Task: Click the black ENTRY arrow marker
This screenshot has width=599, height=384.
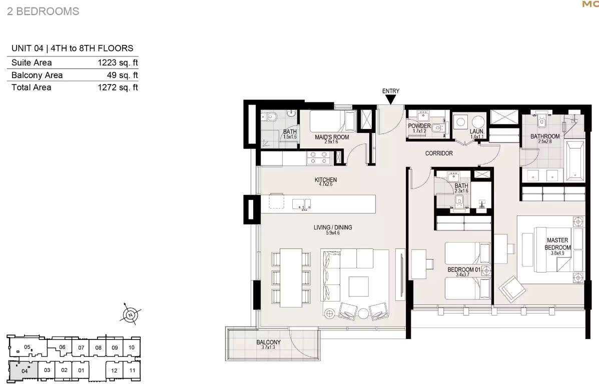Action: point(390,99)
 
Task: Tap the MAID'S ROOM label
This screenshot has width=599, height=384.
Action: point(332,137)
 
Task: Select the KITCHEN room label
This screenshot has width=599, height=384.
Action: point(325,180)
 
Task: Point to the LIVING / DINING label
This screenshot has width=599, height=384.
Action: point(333,227)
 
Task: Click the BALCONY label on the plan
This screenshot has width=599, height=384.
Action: point(268,342)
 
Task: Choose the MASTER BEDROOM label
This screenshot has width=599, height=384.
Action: point(557,243)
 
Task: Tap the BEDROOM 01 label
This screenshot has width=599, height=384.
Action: point(464,269)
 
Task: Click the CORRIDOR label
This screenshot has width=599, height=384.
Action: point(439,153)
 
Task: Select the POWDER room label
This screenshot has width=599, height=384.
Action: point(419,125)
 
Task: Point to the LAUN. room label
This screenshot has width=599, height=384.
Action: point(477,131)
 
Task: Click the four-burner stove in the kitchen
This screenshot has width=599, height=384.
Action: point(319,157)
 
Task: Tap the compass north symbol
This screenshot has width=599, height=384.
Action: point(131,315)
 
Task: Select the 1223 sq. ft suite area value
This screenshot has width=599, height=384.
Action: point(118,62)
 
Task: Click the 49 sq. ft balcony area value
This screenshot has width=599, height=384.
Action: point(122,75)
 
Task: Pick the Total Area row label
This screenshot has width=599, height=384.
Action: point(32,87)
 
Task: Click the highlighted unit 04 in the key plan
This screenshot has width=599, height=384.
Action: point(24,370)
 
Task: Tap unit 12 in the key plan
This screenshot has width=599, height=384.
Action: point(114,370)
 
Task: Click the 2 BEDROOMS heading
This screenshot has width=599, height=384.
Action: point(43,11)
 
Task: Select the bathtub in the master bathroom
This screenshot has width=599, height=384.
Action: point(575,160)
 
